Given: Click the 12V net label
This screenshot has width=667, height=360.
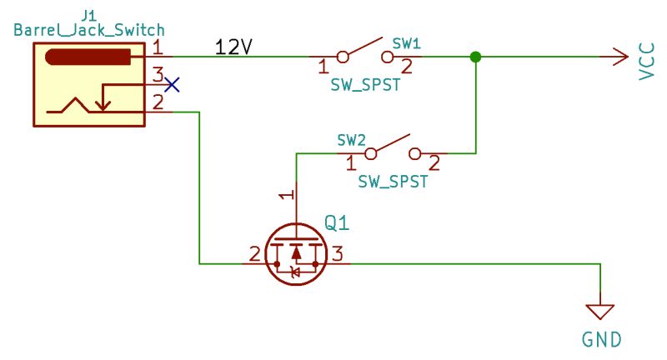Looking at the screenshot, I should coord(233,47).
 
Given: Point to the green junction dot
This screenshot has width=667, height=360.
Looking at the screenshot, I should coord(475,57).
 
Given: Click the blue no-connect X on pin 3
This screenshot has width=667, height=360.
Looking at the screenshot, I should coord(172,84).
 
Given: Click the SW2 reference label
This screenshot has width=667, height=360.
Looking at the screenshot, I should coord(353,138).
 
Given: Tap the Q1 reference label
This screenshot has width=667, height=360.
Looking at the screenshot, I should coord(336,223).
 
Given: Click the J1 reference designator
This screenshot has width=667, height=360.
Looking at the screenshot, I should coord(89,13).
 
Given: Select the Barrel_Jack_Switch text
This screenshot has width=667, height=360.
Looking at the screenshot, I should coord(89,30).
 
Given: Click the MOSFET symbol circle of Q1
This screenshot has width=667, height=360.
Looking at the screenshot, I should coord(293,253).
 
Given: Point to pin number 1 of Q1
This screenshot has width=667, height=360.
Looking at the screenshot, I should coord(285,196).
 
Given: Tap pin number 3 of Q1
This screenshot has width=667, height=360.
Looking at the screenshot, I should coord(337,253).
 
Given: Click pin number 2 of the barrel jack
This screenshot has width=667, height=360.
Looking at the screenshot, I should coord(158,102).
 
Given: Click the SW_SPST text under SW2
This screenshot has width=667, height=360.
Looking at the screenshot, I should coord(393,182).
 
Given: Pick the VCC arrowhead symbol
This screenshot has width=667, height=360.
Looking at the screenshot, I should coord(619,57).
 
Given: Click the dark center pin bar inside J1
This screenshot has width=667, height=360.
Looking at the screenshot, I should coord(88,57).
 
